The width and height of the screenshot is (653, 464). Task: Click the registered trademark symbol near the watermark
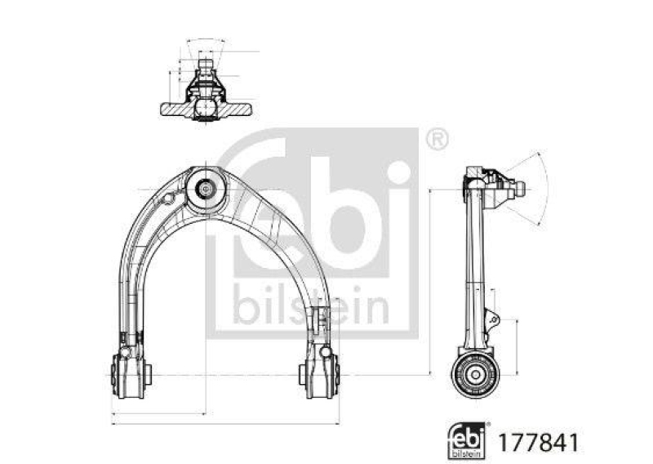tap(438, 140)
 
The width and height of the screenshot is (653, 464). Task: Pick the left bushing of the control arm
tap(130, 374)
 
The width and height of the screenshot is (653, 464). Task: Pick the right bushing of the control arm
tap(320, 375)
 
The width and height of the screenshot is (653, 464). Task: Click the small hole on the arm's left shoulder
tap(168, 199)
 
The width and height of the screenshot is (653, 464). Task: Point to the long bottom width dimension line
tap(224, 423)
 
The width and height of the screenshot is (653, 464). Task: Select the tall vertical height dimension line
tap(429, 282)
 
